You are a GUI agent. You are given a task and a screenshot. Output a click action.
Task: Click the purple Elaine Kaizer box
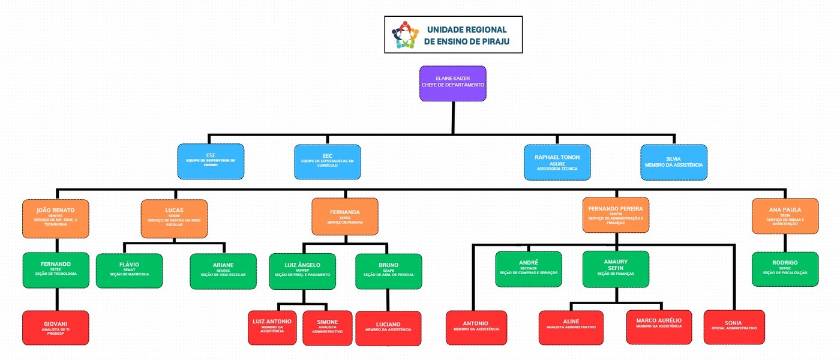(452, 83)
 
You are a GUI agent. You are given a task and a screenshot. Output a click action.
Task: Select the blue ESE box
(211, 161)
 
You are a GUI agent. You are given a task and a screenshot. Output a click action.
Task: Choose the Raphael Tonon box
(557, 162)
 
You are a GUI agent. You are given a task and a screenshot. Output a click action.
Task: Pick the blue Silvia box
(673, 162)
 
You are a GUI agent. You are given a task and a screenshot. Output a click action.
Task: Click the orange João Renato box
(55, 217)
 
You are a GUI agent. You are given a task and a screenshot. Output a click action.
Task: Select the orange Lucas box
(174, 217)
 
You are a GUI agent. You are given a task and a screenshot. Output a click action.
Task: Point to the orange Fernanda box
(345, 217)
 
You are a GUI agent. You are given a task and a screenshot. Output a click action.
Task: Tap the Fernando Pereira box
(615, 215)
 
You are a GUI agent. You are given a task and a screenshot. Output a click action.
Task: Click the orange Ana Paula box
(785, 216)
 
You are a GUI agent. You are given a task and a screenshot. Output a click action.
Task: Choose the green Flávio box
(129, 271)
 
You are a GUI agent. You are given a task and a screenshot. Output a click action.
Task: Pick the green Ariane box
(223, 271)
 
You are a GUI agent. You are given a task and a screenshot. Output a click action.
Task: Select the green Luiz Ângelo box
(302, 271)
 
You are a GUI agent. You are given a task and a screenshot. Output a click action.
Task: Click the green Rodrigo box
(785, 269)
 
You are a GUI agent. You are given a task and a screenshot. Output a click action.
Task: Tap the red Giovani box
(55, 328)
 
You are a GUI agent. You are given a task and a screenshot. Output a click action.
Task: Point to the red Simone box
(327, 328)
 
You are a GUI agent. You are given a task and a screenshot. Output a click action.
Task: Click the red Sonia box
(734, 327)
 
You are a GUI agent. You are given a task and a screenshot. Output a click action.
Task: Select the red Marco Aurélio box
(658, 327)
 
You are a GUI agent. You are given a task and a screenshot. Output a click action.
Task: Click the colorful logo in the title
(404, 35)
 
